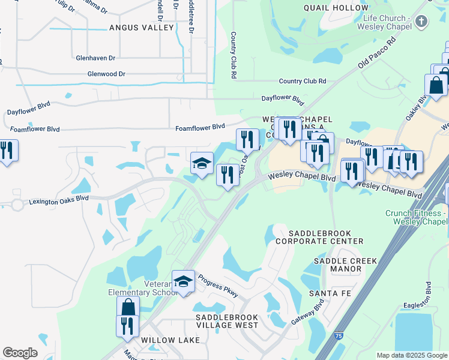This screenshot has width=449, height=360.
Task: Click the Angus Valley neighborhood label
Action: click(141, 28)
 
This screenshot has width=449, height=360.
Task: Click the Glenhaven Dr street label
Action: click(96, 58)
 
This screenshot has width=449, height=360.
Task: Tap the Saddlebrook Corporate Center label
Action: click(325, 236)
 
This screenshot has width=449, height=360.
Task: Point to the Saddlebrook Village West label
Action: click(227, 321)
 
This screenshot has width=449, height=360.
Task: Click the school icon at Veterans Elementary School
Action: click(183, 281)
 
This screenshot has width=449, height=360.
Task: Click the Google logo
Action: click(20, 353)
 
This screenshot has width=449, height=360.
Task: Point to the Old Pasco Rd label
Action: click(378, 55)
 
